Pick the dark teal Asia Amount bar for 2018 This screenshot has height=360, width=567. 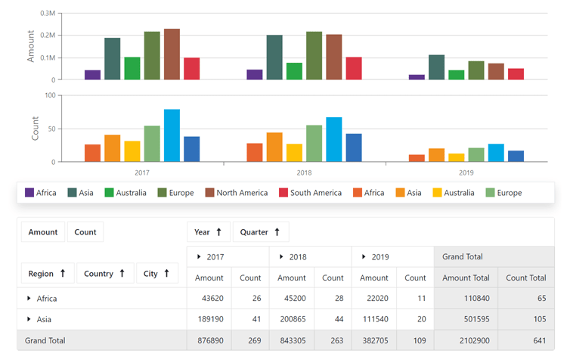click(x=274, y=57)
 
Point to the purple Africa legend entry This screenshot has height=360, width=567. click(x=40, y=193)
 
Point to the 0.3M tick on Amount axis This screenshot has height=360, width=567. click(x=47, y=14)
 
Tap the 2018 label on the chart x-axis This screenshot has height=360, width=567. click(x=304, y=173)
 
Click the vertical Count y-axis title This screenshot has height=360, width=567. click(x=35, y=129)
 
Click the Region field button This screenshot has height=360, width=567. click(x=48, y=273)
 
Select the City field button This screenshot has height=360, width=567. click(x=157, y=273)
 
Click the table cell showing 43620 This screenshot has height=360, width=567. click(x=209, y=299)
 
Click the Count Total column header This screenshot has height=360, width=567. click(x=526, y=278)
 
